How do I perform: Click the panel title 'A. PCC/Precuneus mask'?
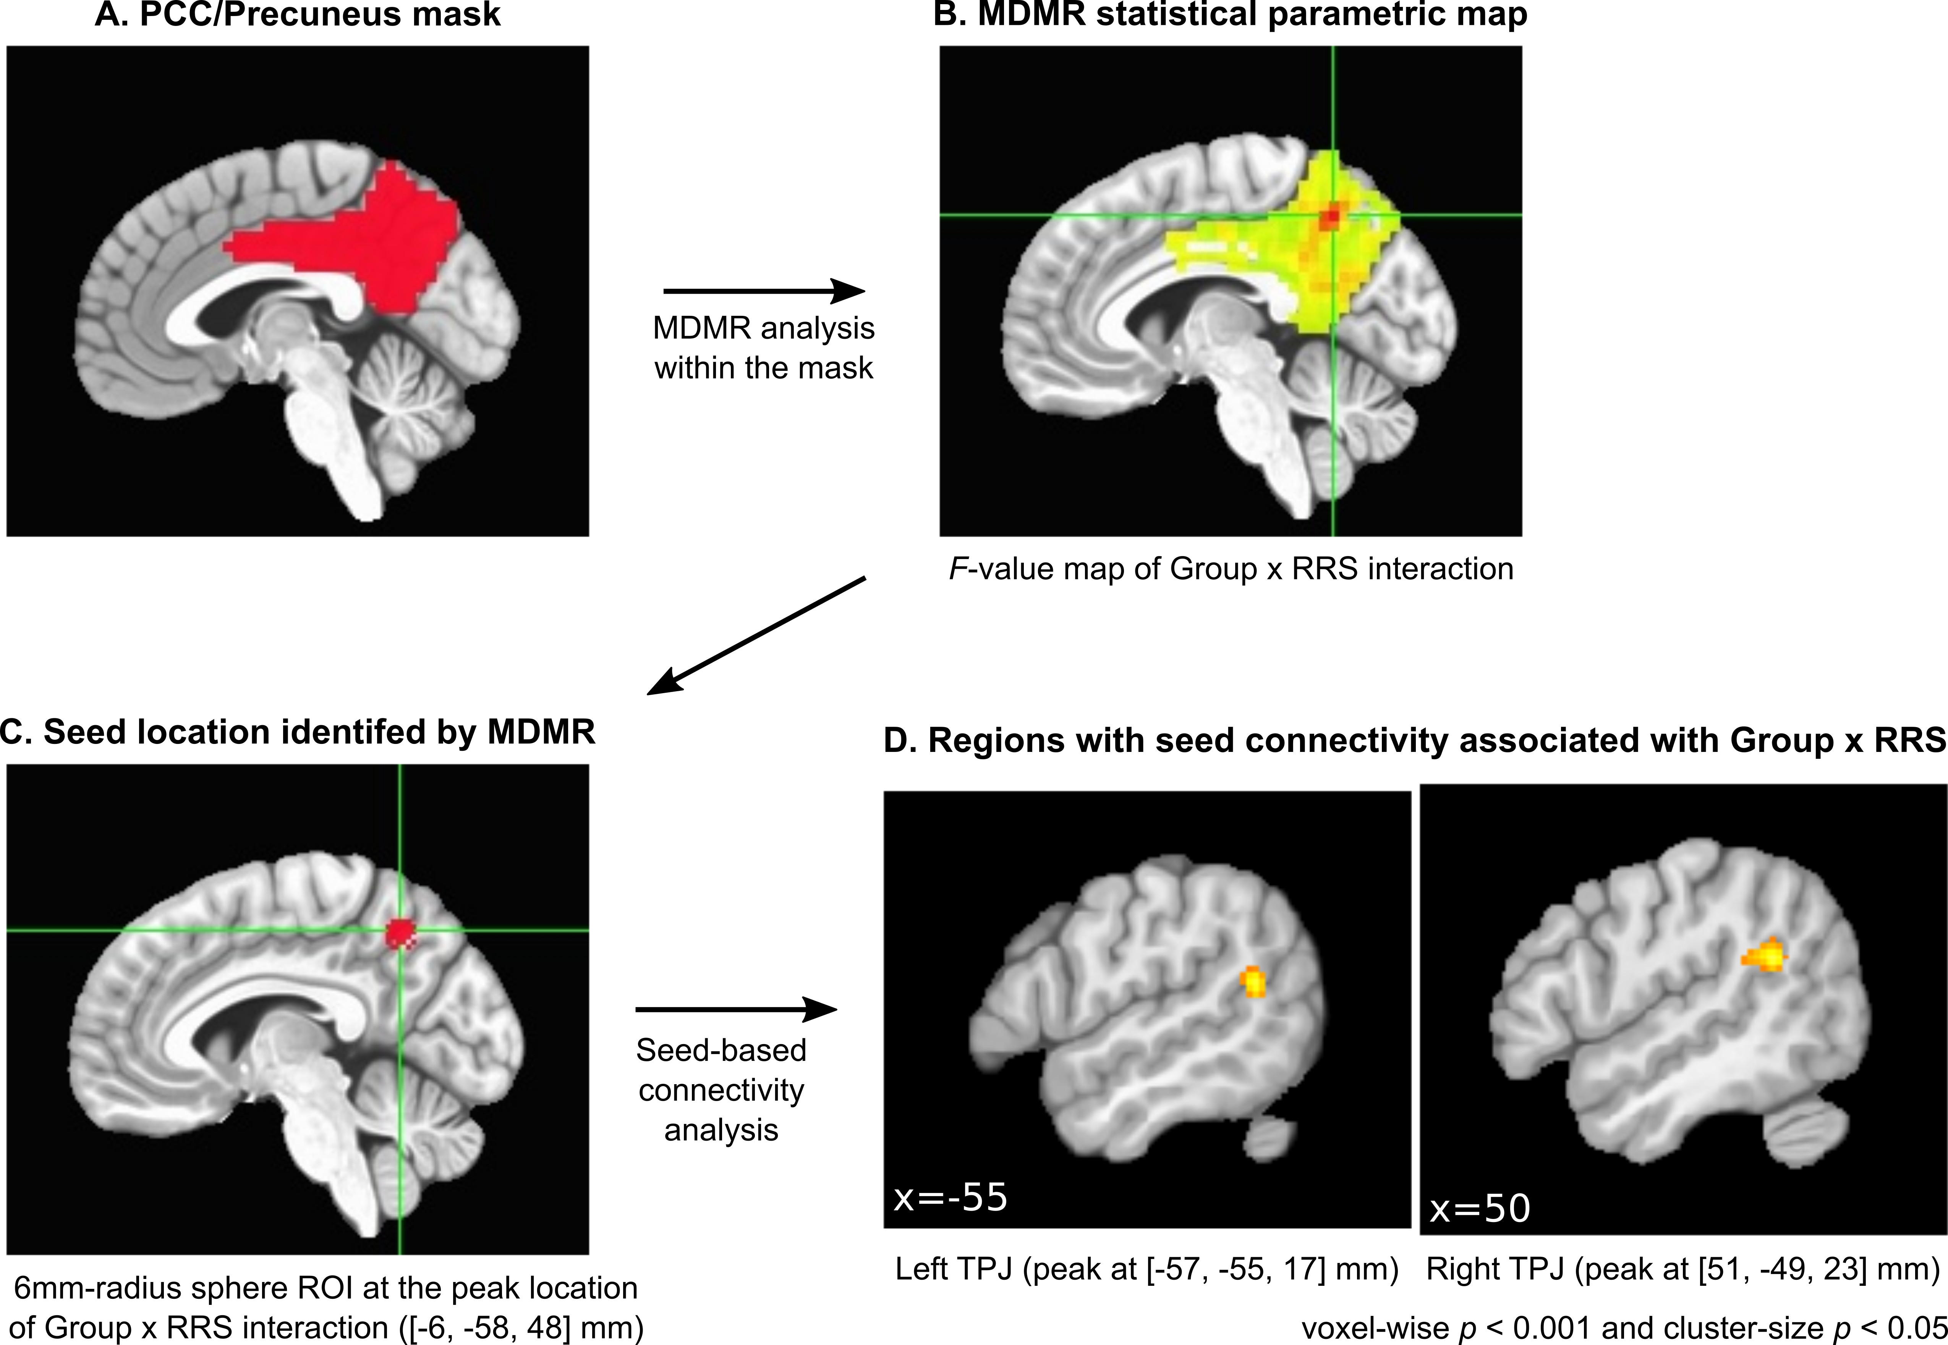pos(298,15)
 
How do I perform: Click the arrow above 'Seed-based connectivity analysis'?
pos(735,1009)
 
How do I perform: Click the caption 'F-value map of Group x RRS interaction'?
pos(1231,569)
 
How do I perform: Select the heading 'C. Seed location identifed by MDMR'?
pos(298,732)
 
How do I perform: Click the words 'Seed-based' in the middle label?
pos(721,1050)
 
